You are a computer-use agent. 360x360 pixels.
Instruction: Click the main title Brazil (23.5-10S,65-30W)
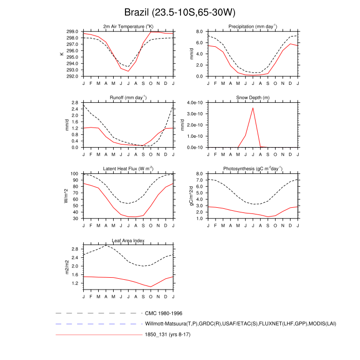pyautogui.click(x=179, y=12)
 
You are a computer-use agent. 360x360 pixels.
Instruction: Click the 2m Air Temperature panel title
pyautogui.click(x=128, y=26)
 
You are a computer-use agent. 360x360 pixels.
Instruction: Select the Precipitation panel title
pyautogui.click(x=253, y=26)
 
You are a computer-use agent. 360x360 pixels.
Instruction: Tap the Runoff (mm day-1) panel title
pyautogui.click(x=128, y=97)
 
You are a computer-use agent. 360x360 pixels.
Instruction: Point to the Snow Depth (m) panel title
pyautogui.click(x=253, y=97)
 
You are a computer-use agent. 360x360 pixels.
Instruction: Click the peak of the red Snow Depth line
pyautogui.click(x=253, y=108)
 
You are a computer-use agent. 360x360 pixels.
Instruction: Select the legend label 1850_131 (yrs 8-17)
pyautogui.click(x=168, y=335)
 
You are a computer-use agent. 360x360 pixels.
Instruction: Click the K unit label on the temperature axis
pyautogui.click(x=62, y=53)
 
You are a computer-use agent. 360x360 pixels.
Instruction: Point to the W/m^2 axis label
pyautogui.click(x=66, y=196)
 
